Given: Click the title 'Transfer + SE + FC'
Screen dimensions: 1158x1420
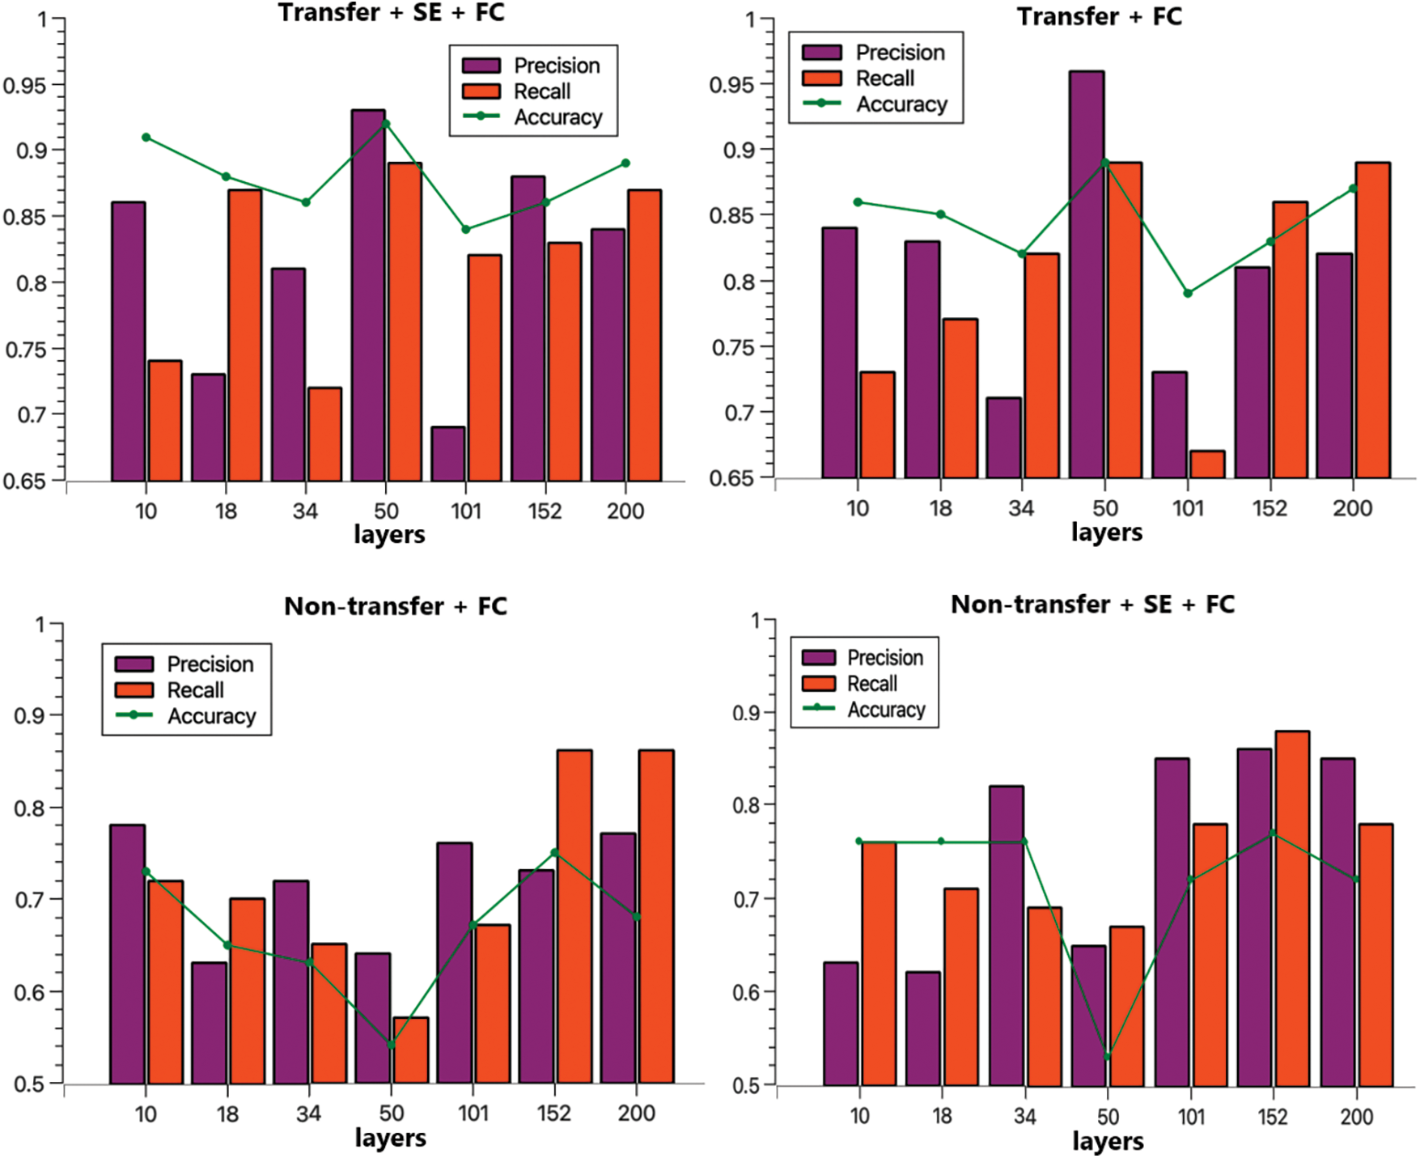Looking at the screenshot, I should point(391,13).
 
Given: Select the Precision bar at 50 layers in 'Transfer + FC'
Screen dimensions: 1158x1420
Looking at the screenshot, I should point(1086,275).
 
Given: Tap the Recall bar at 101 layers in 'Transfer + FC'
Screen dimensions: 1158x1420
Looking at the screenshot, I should point(1206,464).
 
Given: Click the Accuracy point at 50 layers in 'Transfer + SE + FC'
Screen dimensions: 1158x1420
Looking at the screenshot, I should point(386,124).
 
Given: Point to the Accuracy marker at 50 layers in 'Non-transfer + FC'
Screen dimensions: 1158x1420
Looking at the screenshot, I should point(392,1045).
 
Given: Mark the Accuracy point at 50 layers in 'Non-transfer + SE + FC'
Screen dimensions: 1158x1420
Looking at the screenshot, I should point(1108,1056).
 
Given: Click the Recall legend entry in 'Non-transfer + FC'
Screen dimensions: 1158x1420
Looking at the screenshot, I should point(195,690).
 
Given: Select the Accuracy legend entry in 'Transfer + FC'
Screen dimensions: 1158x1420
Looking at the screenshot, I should point(901,104).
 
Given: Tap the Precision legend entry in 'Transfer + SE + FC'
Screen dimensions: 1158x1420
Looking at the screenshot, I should point(557,66).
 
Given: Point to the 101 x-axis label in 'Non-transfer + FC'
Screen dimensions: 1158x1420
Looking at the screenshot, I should point(473,1113).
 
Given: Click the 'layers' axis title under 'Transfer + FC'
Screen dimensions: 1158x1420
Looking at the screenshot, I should point(1106,532).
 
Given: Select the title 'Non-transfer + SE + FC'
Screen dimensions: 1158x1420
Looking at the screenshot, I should point(1092,604).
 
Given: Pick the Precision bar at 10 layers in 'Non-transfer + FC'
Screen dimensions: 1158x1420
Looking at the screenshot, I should point(127,954).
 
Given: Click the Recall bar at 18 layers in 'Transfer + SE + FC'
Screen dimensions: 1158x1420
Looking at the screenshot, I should point(244,335).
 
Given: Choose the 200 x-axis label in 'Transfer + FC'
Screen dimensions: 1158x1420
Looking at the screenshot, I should point(1352,509).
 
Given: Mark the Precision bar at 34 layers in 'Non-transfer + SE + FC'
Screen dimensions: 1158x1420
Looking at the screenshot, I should point(1006,935).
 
